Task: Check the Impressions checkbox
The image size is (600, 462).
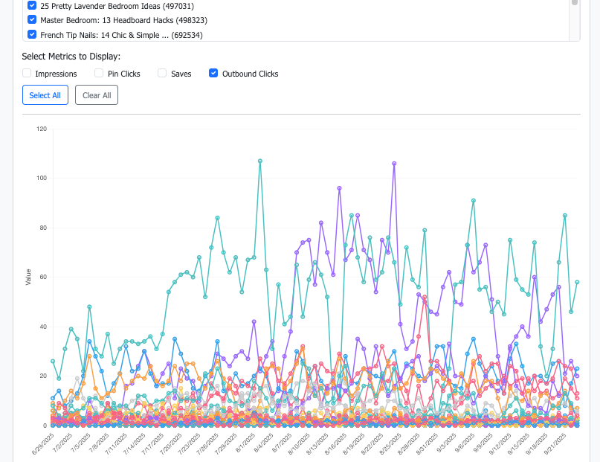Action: coord(27,74)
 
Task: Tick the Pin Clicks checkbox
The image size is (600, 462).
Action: coord(99,74)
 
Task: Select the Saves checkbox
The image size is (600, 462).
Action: coord(162,74)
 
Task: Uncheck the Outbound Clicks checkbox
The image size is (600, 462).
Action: coord(213,74)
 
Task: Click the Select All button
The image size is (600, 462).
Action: coord(45,95)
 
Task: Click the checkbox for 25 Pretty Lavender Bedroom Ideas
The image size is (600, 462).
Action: coord(32,5)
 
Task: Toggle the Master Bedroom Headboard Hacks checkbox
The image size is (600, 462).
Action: coord(32,20)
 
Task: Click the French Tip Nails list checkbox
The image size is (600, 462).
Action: coord(32,34)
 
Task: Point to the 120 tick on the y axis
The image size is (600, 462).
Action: coord(41,129)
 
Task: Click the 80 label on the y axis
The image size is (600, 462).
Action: coord(42,228)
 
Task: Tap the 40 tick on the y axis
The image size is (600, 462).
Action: coord(42,327)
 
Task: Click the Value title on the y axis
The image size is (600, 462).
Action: coord(28,277)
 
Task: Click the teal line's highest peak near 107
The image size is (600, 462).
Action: coord(259,161)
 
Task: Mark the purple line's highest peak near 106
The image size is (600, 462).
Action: coord(394,163)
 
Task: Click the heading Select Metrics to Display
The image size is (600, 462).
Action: coord(71,56)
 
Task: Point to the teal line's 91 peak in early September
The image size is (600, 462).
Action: coord(473,200)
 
